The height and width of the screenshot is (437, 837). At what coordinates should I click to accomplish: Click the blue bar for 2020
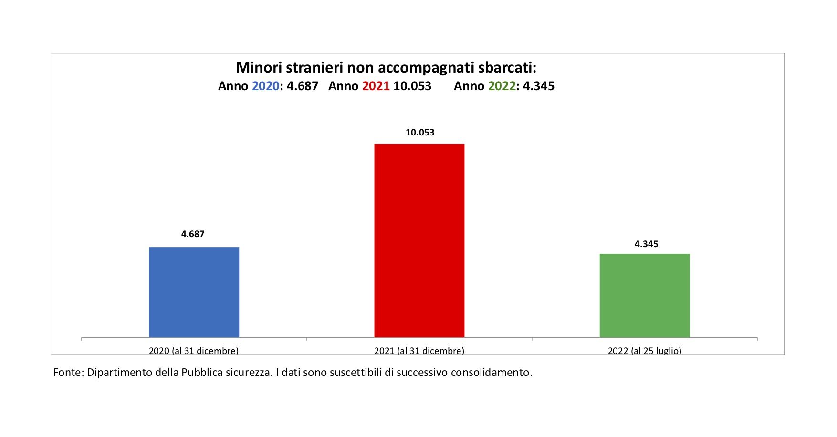[194, 292]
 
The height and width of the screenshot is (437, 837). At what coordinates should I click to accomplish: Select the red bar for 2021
[419, 240]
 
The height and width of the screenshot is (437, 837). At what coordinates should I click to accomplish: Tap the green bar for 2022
[644, 295]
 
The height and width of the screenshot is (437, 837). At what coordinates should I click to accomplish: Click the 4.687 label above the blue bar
[193, 234]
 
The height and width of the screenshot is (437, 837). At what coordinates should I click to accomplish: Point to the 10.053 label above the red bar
[420, 132]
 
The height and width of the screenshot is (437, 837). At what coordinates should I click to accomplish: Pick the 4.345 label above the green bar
[646, 244]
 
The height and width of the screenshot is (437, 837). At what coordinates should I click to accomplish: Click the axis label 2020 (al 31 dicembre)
[194, 351]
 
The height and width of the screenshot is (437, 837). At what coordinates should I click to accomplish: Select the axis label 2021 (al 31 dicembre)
[419, 351]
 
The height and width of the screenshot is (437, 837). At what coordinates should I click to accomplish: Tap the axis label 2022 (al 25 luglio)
[644, 351]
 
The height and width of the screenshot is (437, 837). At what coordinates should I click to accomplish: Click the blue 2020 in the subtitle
[265, 86]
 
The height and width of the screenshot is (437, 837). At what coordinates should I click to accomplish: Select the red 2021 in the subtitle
[376, 86]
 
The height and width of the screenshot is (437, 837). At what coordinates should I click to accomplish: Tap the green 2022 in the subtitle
[502, 86]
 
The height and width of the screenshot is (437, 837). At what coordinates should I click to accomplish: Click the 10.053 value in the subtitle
[412, 86]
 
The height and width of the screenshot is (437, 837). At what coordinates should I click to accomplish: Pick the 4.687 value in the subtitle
[302, 86]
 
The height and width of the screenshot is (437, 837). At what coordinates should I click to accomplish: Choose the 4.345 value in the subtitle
[539, 86]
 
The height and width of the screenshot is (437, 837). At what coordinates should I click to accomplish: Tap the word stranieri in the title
[314, 67]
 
